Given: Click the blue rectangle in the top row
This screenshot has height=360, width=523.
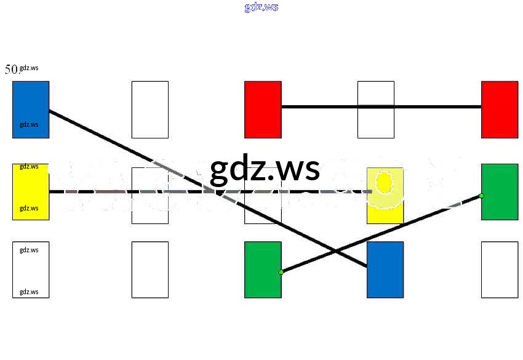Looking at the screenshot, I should (x=31, y=98).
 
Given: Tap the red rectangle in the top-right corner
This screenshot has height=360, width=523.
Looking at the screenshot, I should (x=500, y=109).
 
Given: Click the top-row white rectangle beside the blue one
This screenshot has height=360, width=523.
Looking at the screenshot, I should (x=150, y=109).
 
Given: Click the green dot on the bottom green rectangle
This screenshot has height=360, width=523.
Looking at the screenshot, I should (x=281, y=272).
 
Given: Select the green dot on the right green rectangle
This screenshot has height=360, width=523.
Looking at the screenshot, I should (x=481, y=196).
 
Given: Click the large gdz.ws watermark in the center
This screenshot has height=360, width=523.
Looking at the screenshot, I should (x=265, y=169).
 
